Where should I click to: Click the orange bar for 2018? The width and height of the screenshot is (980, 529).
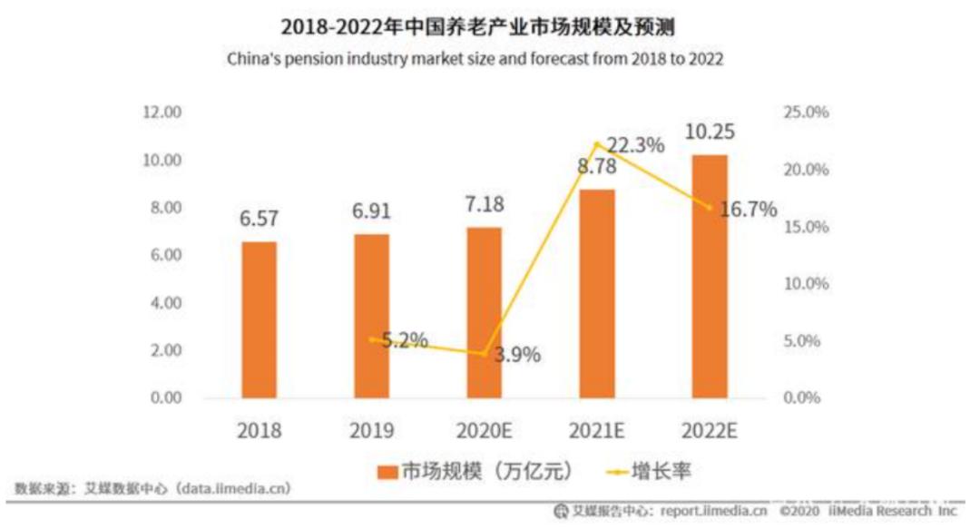tap(260, 319)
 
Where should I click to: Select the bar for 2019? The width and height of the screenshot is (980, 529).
tap(372, 316)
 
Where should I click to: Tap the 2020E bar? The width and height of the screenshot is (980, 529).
tap(485, 312)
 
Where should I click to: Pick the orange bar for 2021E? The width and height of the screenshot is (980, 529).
tap(597, 293)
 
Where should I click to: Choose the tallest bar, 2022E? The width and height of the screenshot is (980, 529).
tap(710, 276)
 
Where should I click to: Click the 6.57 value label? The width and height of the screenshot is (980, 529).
tap(259, 220)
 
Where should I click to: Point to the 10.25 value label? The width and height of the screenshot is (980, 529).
tap(710, 132)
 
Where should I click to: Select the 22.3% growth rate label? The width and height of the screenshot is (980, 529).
tap(636, 145)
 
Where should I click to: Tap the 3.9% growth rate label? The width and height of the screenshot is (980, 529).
tap(517, 355)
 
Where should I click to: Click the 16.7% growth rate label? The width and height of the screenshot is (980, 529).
tap(748, 211)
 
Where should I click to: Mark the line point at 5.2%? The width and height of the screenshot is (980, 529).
tap(372, 338)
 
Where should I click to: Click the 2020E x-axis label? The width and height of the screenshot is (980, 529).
tap(485, 430)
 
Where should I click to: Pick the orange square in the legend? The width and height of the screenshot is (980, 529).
tap(387, 471)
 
